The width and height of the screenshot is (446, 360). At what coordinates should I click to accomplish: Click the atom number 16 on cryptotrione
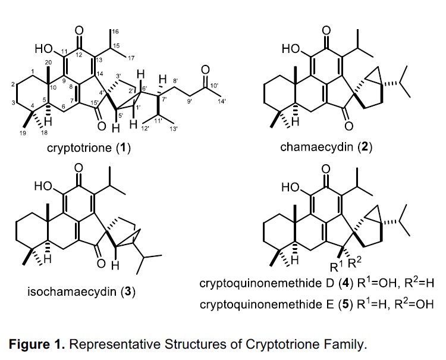(115, 31)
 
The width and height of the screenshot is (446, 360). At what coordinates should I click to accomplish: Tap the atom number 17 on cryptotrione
(131, 58)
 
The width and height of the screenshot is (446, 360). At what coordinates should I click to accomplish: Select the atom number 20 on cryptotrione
(48, 62)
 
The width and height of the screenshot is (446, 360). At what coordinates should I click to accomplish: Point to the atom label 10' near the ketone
(215, 85)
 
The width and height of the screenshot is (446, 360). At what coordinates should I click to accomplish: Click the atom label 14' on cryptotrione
(221, 101)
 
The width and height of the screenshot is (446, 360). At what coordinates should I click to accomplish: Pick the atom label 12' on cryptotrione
(145, 129)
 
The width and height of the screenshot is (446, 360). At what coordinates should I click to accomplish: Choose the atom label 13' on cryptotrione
(173, 129)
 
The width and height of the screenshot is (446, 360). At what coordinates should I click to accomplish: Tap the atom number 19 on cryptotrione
(23, 133)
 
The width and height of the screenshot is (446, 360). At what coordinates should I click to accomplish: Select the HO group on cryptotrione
(44, 49)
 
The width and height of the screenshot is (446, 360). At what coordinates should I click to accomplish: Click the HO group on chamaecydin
(291, 49)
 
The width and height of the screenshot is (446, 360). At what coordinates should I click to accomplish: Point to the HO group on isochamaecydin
(43, 186)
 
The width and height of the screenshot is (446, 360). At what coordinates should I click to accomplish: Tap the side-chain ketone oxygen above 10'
(205, 70)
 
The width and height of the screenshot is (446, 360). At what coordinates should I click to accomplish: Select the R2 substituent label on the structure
(354, 262)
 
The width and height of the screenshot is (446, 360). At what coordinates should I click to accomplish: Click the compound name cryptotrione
(79, 148)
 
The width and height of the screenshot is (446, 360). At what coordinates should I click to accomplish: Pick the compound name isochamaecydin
(72, 292)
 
